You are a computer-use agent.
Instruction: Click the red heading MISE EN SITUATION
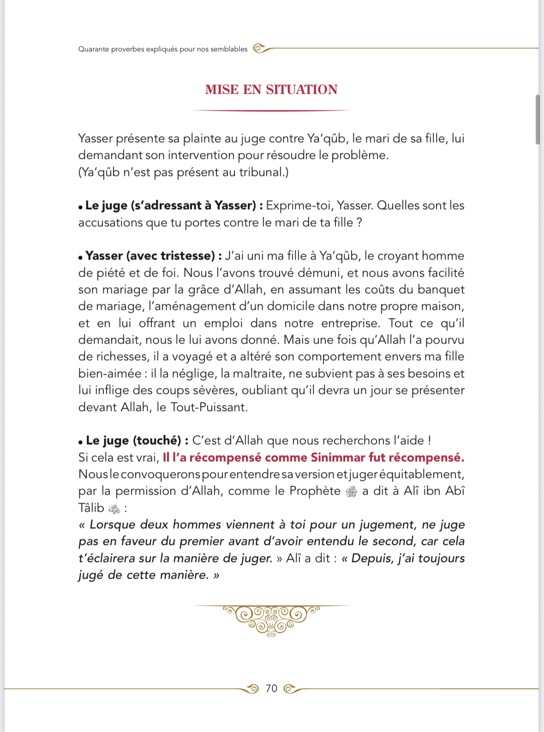(x=271, y=90)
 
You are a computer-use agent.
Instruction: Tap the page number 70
(x=271, y=689)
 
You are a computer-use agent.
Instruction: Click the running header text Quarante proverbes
(x=162, y=49)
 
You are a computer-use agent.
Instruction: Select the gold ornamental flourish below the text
(x=271, y=619)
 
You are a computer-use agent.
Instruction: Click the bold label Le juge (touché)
(x=133, y=441)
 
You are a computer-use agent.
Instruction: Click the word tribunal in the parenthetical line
(x=261, y=172)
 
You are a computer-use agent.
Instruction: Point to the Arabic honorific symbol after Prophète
(x=351, y=492)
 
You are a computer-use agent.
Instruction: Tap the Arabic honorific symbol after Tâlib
(x=114, y=509)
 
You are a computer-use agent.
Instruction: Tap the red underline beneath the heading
(x=271, y=111)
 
